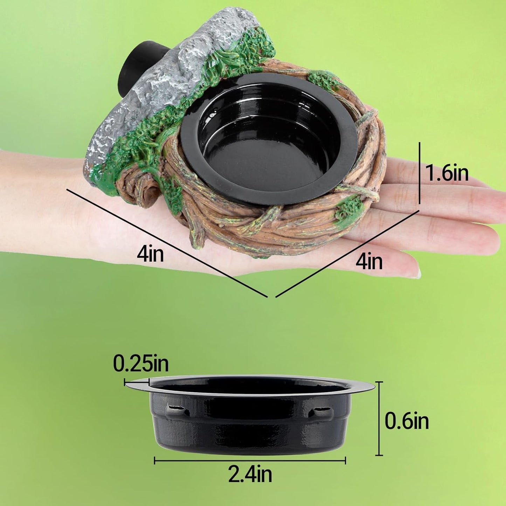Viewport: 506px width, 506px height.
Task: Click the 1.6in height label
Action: (447, 173)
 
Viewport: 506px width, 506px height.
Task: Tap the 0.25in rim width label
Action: (141, 363)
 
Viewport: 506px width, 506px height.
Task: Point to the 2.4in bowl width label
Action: (250, 474)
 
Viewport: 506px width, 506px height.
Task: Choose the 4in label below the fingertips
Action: (369, 262)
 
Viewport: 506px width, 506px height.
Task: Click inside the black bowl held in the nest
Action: (266, 140)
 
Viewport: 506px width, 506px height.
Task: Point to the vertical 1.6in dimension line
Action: (420, 173)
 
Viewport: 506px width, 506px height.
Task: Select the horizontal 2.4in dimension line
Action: (250, 461)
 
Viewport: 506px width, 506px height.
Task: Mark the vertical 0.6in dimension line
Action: (379, 418)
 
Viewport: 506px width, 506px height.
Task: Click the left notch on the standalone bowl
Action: (176, 408)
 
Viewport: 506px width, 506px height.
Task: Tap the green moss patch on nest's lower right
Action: (348, 209)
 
